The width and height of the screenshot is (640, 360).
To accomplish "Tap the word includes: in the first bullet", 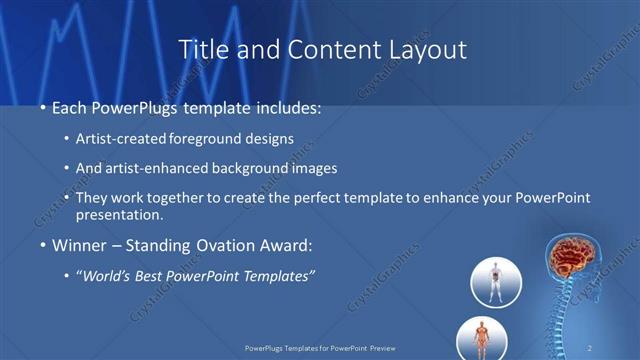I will point(286,107).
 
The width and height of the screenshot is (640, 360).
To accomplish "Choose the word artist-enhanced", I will point(170,169).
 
